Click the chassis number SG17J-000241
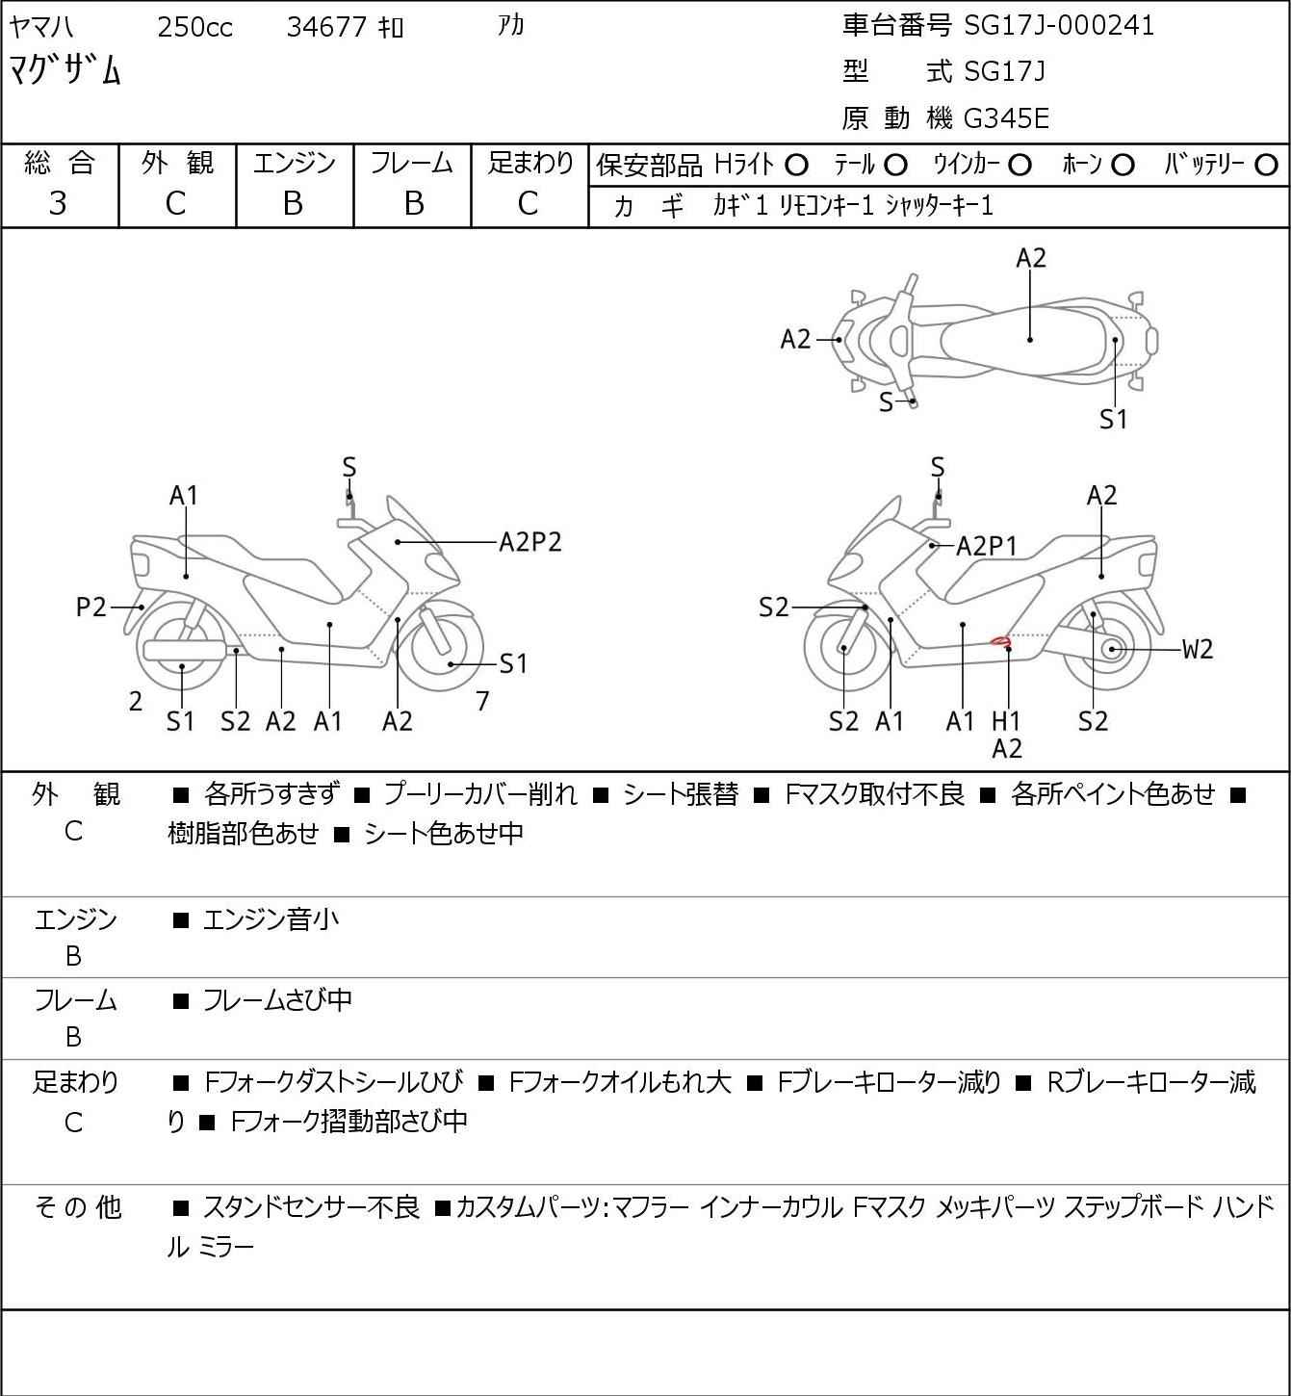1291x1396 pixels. (1058, 26)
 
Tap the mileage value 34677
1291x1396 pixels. (326, 27)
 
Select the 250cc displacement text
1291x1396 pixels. (194, 27)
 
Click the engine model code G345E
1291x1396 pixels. (1006, 118)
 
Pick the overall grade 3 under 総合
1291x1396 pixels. (58, 203)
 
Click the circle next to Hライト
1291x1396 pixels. (796, 166)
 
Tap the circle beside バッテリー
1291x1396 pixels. (1266, 166)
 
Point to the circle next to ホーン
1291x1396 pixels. (1123, 166)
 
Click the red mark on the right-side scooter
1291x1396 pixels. (1000, 641)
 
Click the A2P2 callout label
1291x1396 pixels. (530, 543)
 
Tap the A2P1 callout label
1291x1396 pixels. (987, 546)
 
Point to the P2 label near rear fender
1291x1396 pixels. (91, 607)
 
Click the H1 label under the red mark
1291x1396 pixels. (1006, 720)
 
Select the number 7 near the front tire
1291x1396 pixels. (482, 701)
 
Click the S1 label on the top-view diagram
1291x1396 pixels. (1113, 420)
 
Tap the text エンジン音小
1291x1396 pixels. (271, 919)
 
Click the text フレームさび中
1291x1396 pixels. (277, 999)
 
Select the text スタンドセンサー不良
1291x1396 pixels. (312, 1207)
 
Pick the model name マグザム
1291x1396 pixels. (65, 70)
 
